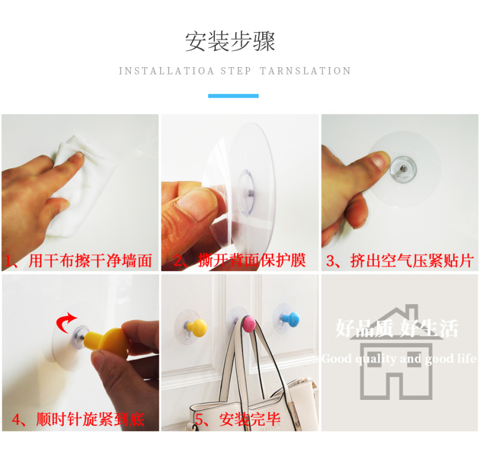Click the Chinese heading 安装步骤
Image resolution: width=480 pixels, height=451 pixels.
tap(230, 41)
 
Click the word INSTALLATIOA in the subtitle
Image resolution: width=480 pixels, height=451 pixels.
tap(166, 71)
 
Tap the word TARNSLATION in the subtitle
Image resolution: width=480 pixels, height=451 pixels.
tap(305, 71)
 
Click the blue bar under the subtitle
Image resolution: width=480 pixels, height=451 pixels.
tap(233, 96)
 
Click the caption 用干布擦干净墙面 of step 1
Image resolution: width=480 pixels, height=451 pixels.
tap(91, 261)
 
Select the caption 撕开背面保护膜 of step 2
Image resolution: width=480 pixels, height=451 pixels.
tap(252, 261)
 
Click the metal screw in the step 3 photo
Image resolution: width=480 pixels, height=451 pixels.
tap(403, 169)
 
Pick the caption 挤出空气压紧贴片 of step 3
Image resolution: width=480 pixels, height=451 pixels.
tap(412, 261)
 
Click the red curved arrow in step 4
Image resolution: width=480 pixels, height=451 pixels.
tap(65, 322)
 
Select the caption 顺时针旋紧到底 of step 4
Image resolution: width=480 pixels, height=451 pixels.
tap(91, 419)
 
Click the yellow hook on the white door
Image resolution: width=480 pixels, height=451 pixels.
tap(196, 328)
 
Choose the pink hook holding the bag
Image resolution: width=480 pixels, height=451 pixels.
tap(249, 324)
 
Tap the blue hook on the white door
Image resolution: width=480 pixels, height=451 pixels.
tap(290, 320)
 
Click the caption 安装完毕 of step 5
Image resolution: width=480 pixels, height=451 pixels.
tap(250, 419)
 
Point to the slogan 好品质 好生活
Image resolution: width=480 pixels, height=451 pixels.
tap(397, 328)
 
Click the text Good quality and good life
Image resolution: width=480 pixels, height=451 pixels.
tap(399, 359)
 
